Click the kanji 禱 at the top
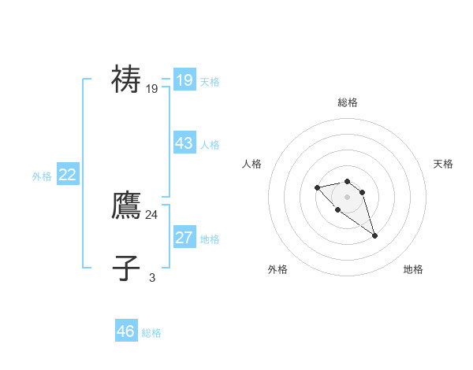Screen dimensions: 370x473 point(126,80)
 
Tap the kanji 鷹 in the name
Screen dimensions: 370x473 point(126,205)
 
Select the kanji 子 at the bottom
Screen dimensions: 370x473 point(126,268)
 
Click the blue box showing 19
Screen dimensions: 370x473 point(184,80)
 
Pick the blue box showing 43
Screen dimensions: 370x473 point(184,143)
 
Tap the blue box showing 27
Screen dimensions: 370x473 point(184,238)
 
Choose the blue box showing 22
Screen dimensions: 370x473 point(68,175)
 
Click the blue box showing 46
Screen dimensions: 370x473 point(126,331)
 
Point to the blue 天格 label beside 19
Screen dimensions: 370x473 point(210,81)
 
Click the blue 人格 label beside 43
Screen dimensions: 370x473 point(210,145)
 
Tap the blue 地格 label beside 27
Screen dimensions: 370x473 point(210,239)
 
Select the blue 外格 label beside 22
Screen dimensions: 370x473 point(42,176)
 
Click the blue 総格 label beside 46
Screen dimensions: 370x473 point(151,333)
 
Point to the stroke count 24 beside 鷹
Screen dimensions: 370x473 point(151,214)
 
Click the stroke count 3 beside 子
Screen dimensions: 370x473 point(152,277)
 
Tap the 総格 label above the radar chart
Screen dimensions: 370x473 point(347,102)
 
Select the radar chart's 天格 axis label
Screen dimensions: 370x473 point(443,164)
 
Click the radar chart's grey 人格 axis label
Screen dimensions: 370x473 point(251,164)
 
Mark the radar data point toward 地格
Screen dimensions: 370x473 point(374,235)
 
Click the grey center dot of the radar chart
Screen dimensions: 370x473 point(347,197)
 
